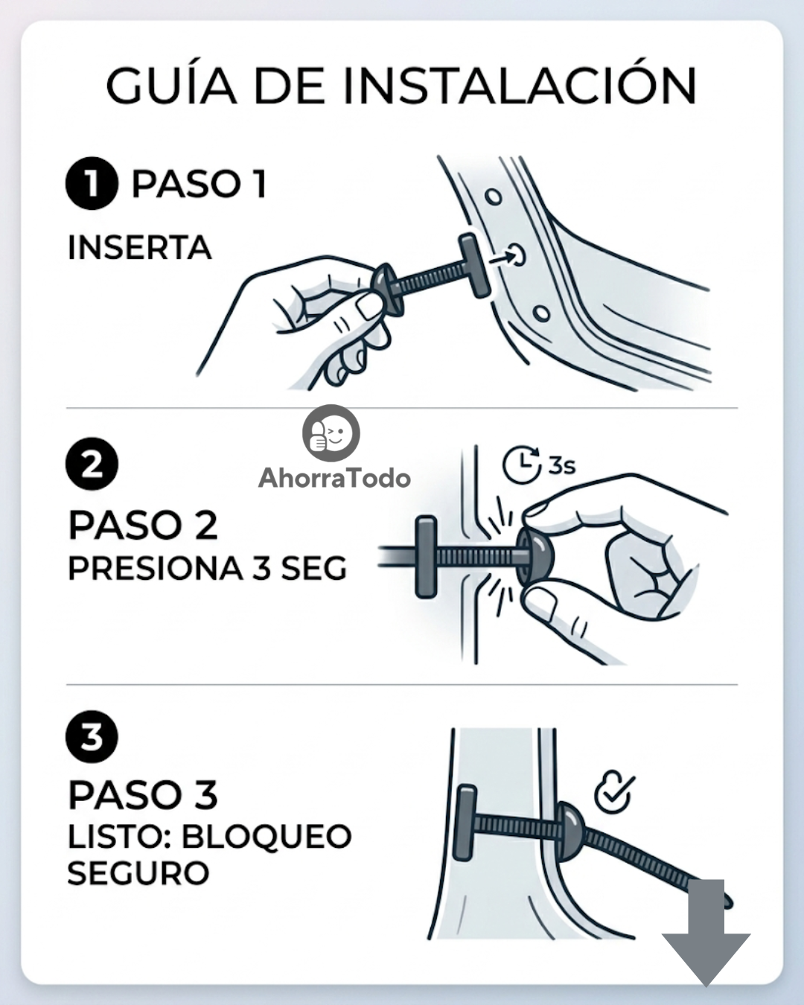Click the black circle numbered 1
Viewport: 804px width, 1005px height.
click(92, 183)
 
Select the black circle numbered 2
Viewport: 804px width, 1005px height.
click(92, 465)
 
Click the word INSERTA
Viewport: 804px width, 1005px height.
click(140, 248)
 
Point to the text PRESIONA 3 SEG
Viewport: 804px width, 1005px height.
click(208, 568)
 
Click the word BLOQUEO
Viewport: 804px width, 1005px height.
click(267, 837)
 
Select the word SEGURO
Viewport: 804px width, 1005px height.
click(138, 872)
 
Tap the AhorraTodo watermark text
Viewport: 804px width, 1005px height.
click(334, 478)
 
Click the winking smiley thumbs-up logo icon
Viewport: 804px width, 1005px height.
click(331, 433)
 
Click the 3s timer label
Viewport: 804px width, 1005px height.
click(561, 466)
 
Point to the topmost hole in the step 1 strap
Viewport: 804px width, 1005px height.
click(494, 197)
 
